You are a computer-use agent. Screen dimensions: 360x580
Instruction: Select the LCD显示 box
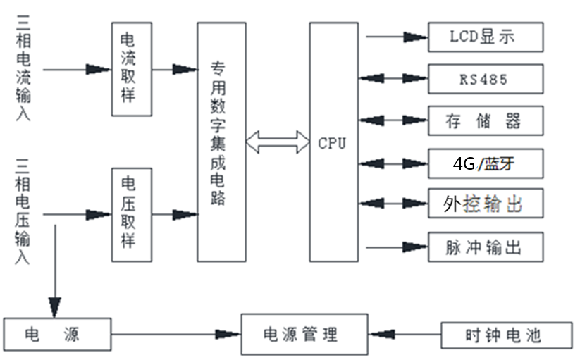pos(486,37)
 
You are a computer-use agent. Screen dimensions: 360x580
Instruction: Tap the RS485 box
pos(486,79)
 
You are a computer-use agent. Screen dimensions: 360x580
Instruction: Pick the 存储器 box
pos(486,120)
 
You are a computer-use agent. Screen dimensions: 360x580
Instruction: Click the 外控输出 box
pos(486,204)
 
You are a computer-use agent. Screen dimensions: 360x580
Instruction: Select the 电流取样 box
pos(132,69)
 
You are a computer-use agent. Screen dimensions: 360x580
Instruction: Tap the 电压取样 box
pos(132,213)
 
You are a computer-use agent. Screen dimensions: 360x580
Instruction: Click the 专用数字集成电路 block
pos(221,141)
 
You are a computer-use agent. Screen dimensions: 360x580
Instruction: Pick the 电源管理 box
pos(304,334)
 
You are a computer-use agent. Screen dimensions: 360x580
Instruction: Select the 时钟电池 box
pos(506,334)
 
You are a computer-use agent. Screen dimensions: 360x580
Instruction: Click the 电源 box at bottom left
pos(57,334)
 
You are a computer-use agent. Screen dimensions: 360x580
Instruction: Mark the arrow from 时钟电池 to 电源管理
pos(405,334)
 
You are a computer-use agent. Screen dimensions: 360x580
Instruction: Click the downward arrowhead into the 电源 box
pos(54,306)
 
